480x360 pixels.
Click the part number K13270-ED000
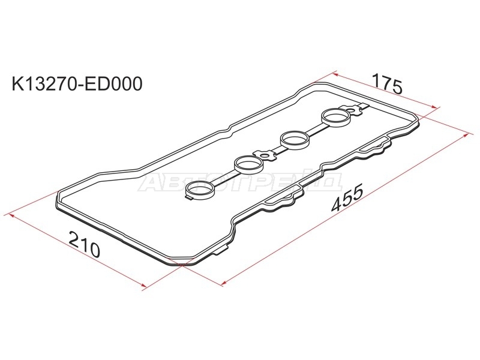[x=77, y=83]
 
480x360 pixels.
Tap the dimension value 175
[x=386, y=83]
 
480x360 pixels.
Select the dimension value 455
[x=347, y=199]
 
